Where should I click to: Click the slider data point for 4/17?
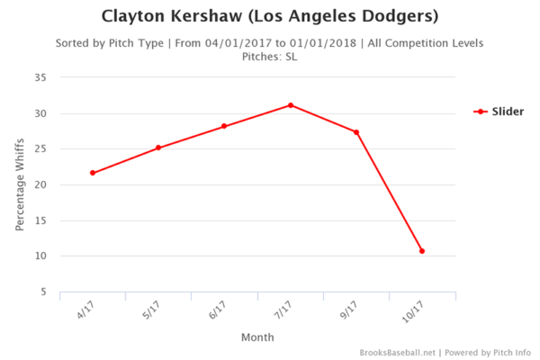(93, 173)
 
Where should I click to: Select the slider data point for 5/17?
(158, 148)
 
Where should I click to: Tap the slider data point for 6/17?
(224, 126)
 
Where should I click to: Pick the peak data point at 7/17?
(291, 105)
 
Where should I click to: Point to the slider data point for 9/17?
(356, 132)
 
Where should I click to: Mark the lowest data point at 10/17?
(422, 251)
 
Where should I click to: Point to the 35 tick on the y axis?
(40, 78)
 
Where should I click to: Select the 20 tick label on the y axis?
(40, 185)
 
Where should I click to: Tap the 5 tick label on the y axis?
(43, 292)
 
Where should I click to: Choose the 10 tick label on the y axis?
(40, 256)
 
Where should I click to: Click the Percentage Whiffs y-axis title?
(20, 185)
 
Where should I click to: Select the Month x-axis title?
(257, 337)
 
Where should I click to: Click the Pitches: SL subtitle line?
(269, 56)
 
